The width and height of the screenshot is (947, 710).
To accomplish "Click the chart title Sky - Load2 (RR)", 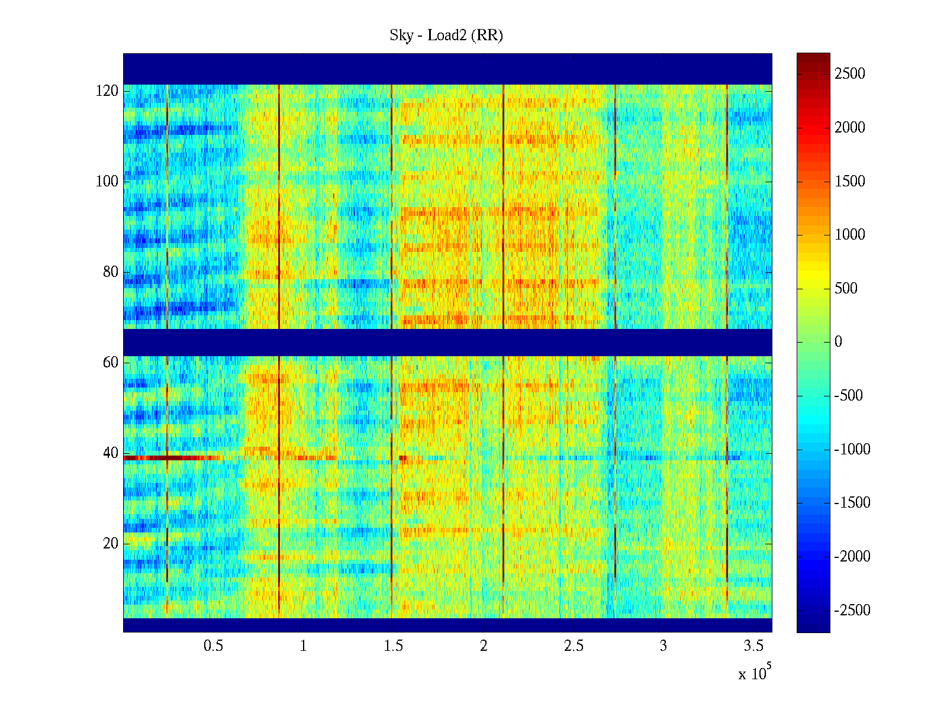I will coord(446,35).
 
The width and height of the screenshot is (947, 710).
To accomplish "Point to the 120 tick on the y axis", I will coord(107,91).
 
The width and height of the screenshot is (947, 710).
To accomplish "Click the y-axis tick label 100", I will coord(107,182).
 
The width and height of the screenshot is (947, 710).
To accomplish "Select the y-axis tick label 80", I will coord(111,272).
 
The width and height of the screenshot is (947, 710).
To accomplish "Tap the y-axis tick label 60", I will coord(111,363).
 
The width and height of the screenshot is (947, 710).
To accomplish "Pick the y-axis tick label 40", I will coord(111,453).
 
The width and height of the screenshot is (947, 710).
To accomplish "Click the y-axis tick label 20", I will coord(111,544).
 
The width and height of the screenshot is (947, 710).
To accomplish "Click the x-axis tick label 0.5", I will coord(213,646).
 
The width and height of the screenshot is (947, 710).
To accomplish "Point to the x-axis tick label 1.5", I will coord(393,646).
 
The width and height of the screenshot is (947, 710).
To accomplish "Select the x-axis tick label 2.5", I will coord(573,646).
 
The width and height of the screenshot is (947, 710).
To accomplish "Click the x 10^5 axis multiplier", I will coord(754,673).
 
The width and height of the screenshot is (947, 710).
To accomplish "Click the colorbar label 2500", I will coord(850,74).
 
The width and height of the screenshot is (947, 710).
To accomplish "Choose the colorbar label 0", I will coord(838,342).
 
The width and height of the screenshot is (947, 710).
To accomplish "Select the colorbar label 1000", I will coord(850,235).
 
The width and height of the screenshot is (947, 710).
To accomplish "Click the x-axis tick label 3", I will coord(663,646).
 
